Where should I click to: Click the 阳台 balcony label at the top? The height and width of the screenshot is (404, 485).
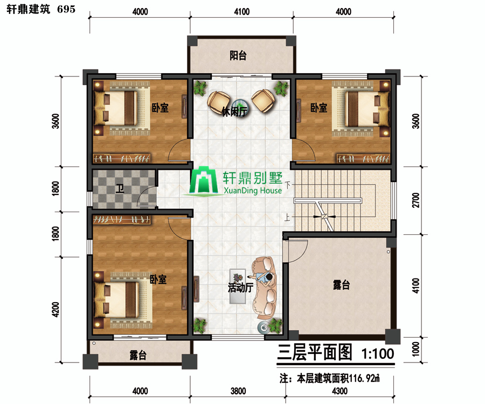(238, 55)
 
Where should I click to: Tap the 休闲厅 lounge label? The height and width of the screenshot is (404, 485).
(235, 112)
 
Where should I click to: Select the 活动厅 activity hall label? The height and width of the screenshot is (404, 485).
(241, 288)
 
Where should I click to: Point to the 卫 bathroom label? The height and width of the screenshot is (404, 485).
(120, 189)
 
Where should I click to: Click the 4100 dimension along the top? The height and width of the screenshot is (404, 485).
(241, 12)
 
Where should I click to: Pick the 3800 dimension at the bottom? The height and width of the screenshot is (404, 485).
(238, 391)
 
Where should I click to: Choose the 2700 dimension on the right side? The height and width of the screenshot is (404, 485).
(416, 200)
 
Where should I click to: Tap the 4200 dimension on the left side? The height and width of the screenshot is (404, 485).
(56, 309)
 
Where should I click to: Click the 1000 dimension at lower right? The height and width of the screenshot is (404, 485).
(416, 349)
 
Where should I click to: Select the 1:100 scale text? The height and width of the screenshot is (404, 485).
(378, 353)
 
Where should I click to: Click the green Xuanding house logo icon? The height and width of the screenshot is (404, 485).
(204, 181)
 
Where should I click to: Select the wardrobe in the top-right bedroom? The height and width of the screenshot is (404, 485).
(363, 158)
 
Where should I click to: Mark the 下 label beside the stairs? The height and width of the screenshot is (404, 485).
(288, 185)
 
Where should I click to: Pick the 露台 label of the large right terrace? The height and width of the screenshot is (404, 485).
(342, 285)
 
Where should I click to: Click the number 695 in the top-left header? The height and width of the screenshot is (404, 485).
(66, 9)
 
